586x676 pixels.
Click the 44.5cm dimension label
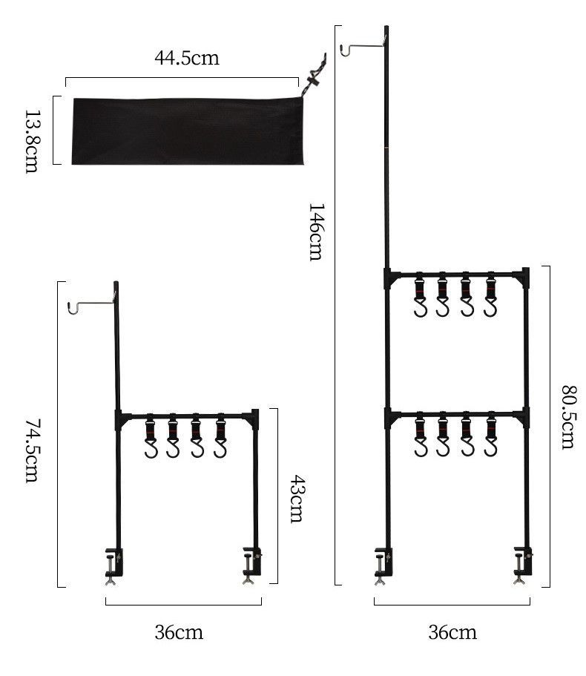(187, 58)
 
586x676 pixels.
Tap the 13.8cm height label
(32, 142)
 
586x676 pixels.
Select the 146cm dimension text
(315, 232)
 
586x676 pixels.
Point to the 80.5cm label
(567, 417)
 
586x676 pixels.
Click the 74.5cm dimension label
(32, 451)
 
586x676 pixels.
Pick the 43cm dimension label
(297, 499)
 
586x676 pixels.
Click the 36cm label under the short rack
(179, 632)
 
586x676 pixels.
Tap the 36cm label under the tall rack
(452, 632)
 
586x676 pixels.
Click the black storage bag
(188, 131)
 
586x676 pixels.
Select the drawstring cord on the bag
(314, 78)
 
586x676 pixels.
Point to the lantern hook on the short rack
(91, 303)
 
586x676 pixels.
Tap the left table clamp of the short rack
(114, 566)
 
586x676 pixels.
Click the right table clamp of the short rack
(252, 565)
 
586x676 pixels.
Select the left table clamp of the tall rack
(383, 566)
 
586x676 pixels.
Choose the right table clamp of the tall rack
(523, 565)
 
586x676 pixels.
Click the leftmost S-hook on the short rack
(151, 436)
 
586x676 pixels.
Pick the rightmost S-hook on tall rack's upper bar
(491, 295)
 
